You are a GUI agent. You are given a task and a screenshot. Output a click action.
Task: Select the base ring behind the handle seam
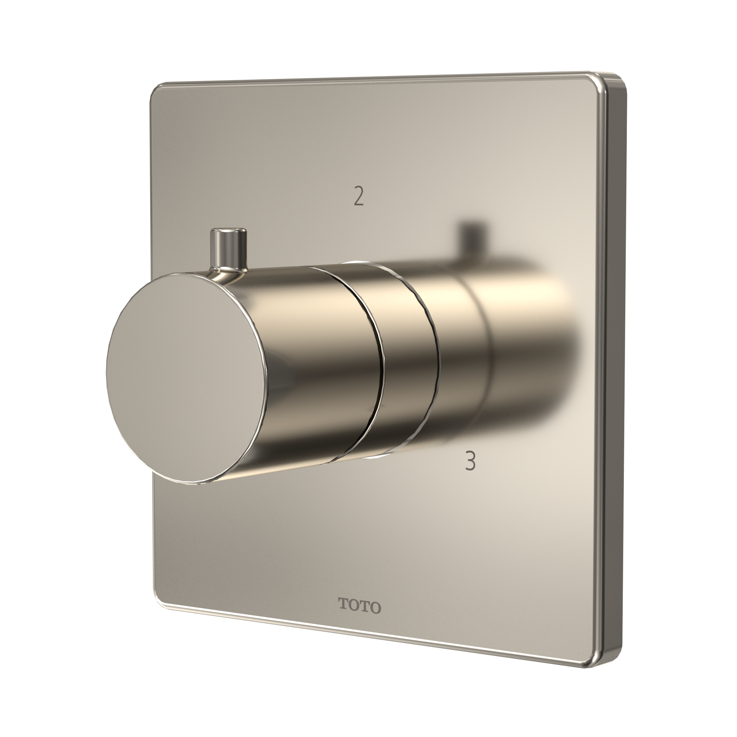point(408,362)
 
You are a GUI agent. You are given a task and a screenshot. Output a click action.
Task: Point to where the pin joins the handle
point(228,269)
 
